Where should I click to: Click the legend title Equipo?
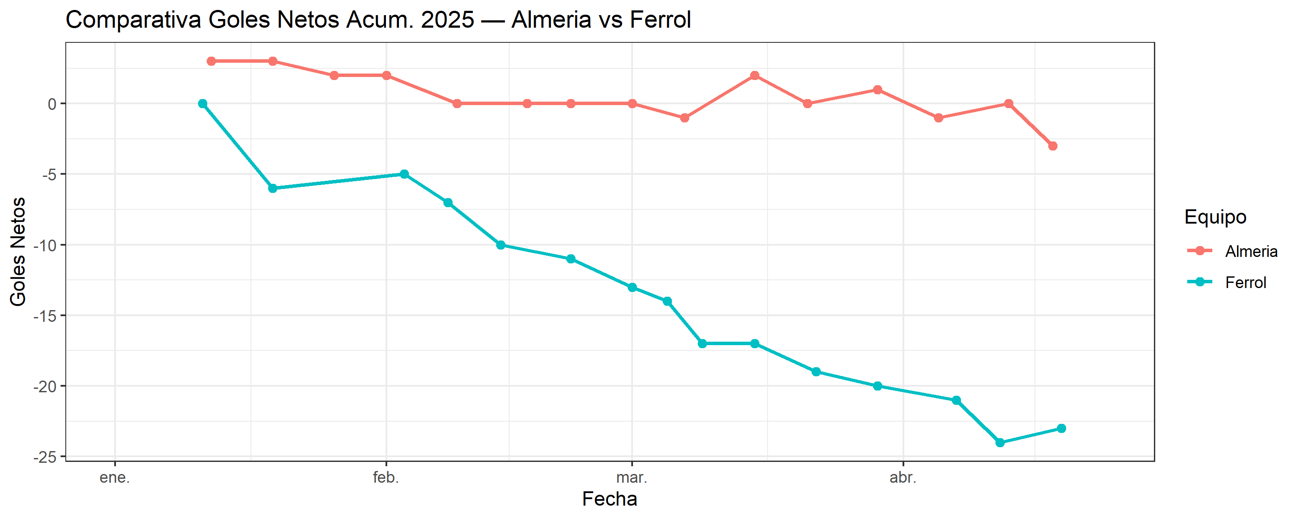click(1215, 217)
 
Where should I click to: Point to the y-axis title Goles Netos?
click(18, 251)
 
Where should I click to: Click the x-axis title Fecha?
click(609, 499)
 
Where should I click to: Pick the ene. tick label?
click(115, 477)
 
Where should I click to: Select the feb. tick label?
click(386, 477)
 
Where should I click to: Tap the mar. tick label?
click(631, 477)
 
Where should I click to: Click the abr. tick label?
click(903, 477)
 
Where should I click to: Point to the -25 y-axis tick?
click(45, 457)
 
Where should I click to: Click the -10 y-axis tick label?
click(45, 245)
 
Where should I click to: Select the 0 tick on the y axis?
click(52, 104)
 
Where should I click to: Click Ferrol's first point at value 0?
click(202, 104)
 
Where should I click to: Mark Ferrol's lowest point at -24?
click(1000, 443)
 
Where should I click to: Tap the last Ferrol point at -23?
click(1061, 429)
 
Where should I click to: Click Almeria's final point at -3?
click(1053, 146)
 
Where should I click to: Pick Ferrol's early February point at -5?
click(404, 174)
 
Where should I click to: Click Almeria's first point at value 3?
click(211, 61)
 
